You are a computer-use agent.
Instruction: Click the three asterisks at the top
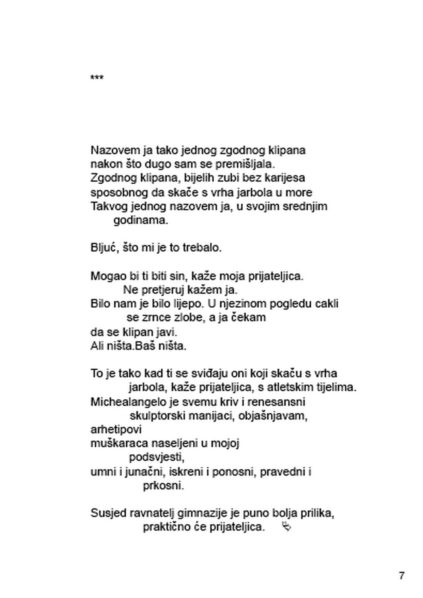pos(97,78)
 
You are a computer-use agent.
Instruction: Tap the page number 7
pos(401,575)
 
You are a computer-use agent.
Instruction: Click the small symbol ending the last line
pos(287,527)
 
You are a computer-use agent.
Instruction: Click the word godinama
pos(141,220)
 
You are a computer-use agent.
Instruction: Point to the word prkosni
pos(163,485)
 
